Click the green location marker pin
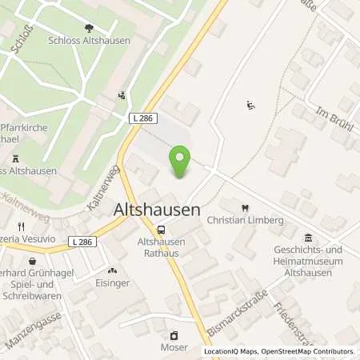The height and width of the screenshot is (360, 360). pyautogui.click(x=182, y=161)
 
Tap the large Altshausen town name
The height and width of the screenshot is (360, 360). pyautogui.click(x=170, y=210)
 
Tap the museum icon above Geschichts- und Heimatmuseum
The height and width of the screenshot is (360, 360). pyautogui.click(x=309, y=238)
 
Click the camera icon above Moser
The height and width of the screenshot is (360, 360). pyautogui.click(x=174, y=335)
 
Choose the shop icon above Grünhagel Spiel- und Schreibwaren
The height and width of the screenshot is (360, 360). pyautogui.click(x=32, y=262)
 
